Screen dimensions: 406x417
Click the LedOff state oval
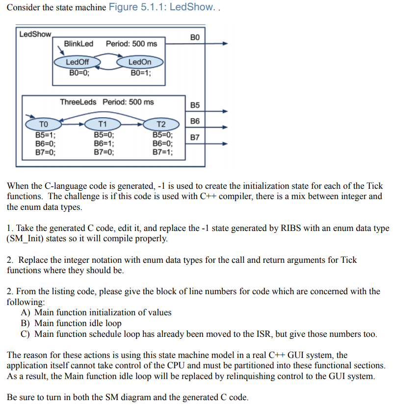77,62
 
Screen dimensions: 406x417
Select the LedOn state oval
140,62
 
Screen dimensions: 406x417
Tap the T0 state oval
44,124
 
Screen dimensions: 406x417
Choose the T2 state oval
161,124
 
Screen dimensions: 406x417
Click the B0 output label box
195,37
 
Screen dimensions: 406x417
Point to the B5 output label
195,105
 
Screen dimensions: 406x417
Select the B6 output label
195,121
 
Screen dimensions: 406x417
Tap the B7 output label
195,137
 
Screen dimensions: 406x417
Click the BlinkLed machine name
78,44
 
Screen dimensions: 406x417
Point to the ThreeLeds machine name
79,102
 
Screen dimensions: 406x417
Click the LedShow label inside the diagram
35,34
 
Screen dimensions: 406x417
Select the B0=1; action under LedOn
141,73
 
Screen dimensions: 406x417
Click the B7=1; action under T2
162,152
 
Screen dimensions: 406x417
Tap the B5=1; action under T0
45,135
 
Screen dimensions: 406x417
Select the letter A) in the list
26,312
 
